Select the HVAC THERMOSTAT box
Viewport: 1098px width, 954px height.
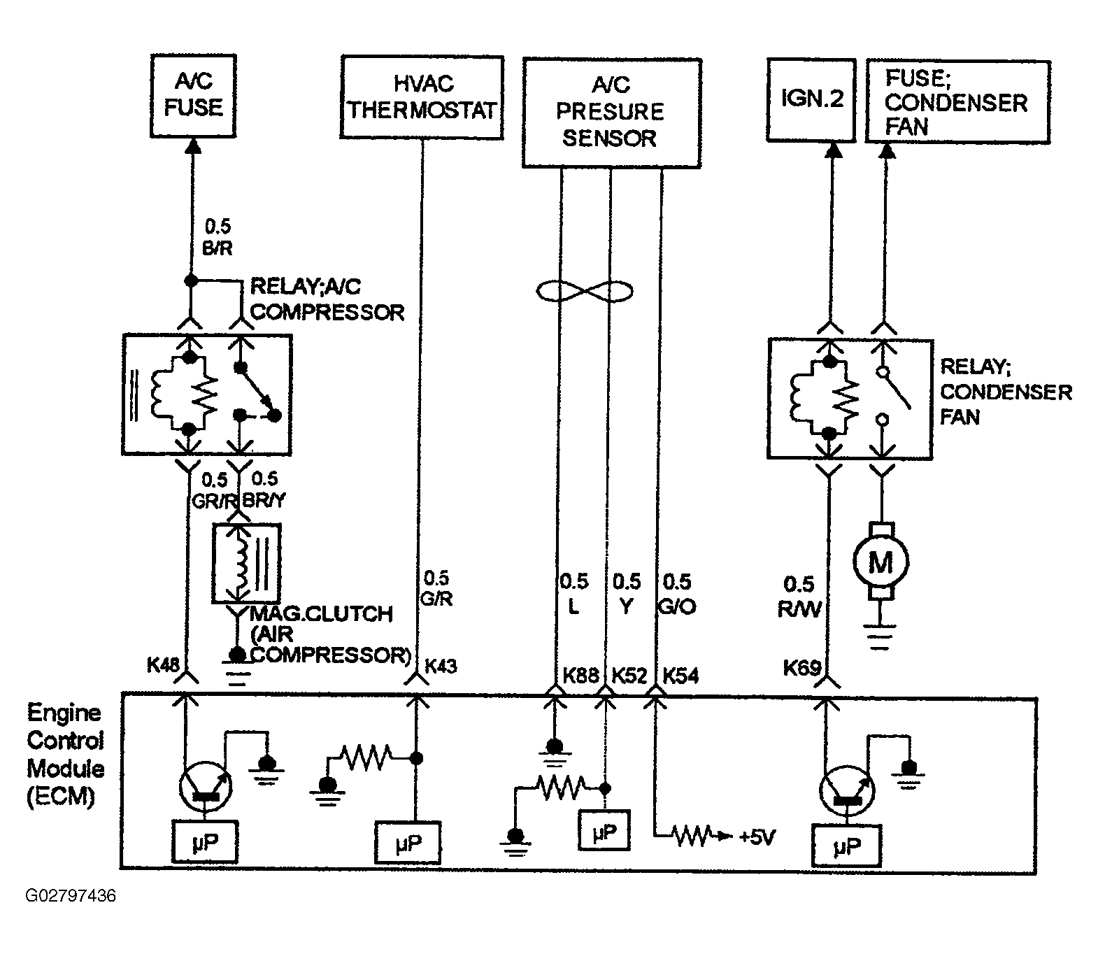[422, 97]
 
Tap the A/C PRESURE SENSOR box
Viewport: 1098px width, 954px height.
[612, 113]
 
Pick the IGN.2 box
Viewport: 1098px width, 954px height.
[811, 100]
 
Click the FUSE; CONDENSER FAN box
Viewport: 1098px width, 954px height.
[958, 102]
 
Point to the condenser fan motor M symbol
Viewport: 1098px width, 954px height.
[880, 560]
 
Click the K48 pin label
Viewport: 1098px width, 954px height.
[164, 664]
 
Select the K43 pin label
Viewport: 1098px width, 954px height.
[441, 666]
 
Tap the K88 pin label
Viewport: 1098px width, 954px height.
[580, 675]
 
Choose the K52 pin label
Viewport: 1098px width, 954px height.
[629, 675]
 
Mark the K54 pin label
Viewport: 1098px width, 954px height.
[680, 675]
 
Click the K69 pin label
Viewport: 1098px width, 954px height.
[801, 668]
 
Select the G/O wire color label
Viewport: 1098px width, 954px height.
[677, 606]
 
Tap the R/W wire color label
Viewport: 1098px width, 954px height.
[799, 608]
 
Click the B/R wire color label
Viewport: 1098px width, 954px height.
[218, 248]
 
